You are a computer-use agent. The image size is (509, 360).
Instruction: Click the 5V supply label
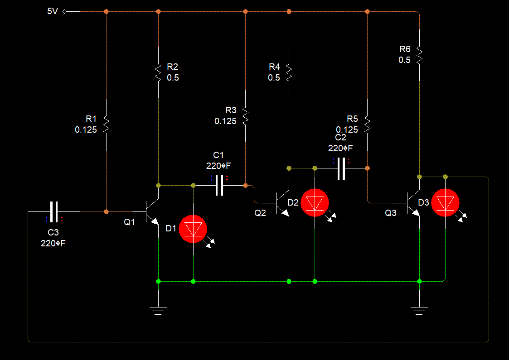pos(53,11)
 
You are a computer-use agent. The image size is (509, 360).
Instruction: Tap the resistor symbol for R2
pos(158,72)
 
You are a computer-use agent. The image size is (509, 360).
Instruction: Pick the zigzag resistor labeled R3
pos(245,116)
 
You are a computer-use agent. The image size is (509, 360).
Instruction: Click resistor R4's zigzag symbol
pos(289,72)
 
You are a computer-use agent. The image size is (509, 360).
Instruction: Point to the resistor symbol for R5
pos(367,124)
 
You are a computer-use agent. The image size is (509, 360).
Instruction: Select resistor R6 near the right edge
pos(419,54)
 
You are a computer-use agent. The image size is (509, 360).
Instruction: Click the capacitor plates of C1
pos(219,185)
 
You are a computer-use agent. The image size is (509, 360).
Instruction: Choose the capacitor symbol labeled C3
pos(54,211)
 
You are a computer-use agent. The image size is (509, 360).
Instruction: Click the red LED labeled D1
pos(193,229)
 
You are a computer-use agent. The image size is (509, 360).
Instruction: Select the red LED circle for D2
pos(315,203)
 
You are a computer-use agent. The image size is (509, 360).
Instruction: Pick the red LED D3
pos(445,202)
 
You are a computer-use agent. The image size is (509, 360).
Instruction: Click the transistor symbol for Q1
pos(151,212)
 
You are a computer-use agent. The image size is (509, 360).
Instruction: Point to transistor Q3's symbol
pos(412,202)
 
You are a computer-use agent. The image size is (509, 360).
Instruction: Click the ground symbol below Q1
pos(158,310)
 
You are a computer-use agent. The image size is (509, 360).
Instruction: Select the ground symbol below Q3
pos(419,310)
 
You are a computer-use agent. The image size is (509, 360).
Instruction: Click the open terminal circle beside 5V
pos(64,11)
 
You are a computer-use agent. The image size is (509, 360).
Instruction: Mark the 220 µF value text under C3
pos(53,243)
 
